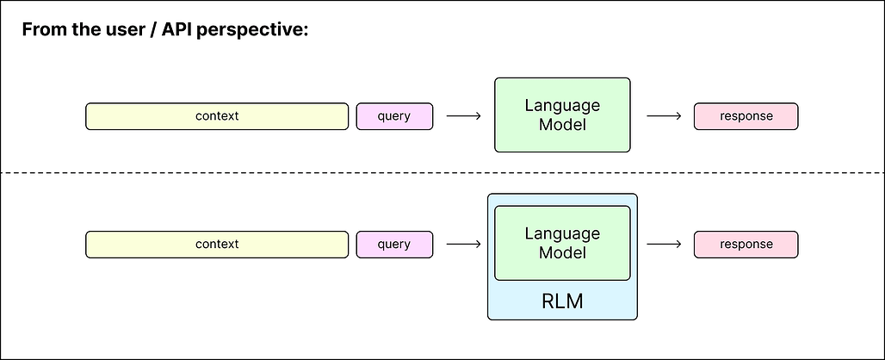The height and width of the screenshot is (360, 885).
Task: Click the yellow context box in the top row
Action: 216,116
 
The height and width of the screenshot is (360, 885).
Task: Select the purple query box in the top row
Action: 394,116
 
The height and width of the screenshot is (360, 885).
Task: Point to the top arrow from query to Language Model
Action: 464,116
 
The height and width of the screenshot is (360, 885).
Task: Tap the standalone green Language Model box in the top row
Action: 562,115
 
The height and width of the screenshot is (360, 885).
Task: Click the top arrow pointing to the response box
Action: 663,116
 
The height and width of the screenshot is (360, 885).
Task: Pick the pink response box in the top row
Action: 746,116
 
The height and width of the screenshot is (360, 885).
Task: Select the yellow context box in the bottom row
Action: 216,244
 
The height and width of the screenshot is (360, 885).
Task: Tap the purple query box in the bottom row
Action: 394,244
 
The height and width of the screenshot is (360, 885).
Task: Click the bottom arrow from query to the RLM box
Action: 464,244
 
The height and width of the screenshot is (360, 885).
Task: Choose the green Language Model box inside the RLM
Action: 562,243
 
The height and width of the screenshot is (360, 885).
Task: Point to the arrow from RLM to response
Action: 663,244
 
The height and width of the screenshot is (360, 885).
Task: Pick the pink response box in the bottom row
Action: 746,244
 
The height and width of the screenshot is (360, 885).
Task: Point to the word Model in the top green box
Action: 562,125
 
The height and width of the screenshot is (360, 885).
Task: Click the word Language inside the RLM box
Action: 562,233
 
